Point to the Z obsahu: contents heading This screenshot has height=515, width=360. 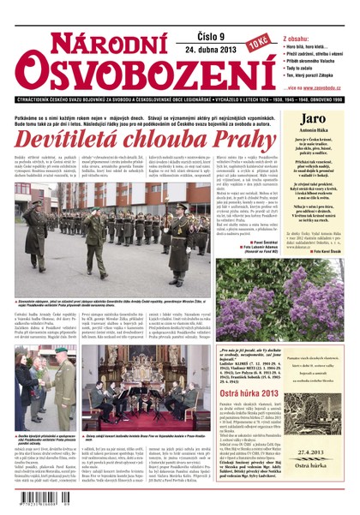tap(295, 39)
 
